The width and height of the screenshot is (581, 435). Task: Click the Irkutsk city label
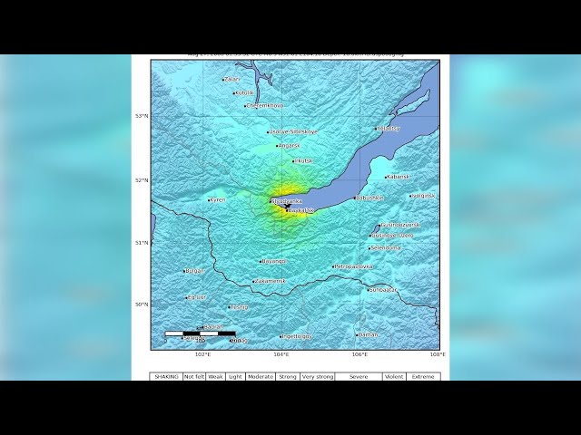tap(303, 160)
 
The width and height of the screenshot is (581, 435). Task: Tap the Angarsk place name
tap(289, 145)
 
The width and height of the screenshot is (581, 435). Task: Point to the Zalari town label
tap(232, 80)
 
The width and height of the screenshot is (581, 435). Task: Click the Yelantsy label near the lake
tap(389, 129)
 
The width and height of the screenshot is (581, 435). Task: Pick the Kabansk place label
tap(399, 177)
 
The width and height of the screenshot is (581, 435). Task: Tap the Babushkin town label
tap(370, 198)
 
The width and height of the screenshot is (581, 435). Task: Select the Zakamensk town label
tap(271, 281)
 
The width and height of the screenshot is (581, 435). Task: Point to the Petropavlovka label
tap(354, 266)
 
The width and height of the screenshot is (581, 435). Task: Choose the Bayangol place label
tap(274, 261)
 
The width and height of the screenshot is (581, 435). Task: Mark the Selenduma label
tap(386, 247)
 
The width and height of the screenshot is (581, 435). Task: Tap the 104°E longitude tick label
tap(281, 355)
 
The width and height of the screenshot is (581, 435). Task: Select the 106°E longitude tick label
tap(360, 355)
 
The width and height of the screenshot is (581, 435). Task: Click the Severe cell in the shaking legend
tap(359, 376)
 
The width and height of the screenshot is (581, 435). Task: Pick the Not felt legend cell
tap(193, 376)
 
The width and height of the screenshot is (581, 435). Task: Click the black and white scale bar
tap(200, 333)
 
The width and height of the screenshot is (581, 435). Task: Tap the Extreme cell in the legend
tap(423, 376)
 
